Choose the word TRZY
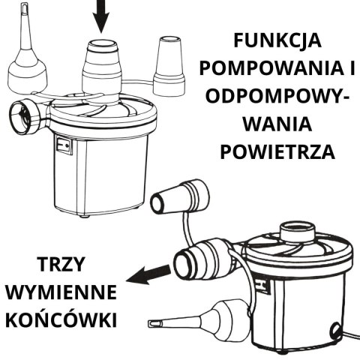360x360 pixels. coord(58,265)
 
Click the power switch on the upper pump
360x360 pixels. coord(64,144)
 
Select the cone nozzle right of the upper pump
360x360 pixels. coord(169,64)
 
